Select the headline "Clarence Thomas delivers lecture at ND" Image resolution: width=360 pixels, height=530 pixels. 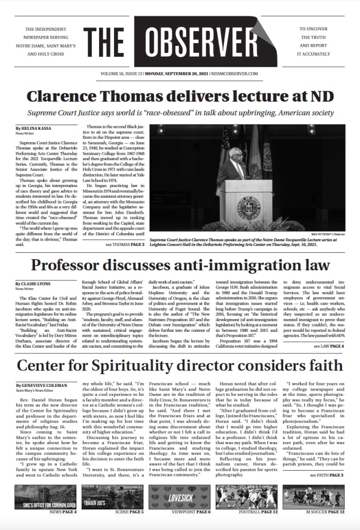tap(179, 96)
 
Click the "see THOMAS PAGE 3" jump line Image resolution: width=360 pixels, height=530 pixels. tap(124, 245)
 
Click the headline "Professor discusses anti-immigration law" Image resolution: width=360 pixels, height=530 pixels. tap(180, 264)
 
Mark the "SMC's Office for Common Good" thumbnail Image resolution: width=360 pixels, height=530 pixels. tap(45, 497)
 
